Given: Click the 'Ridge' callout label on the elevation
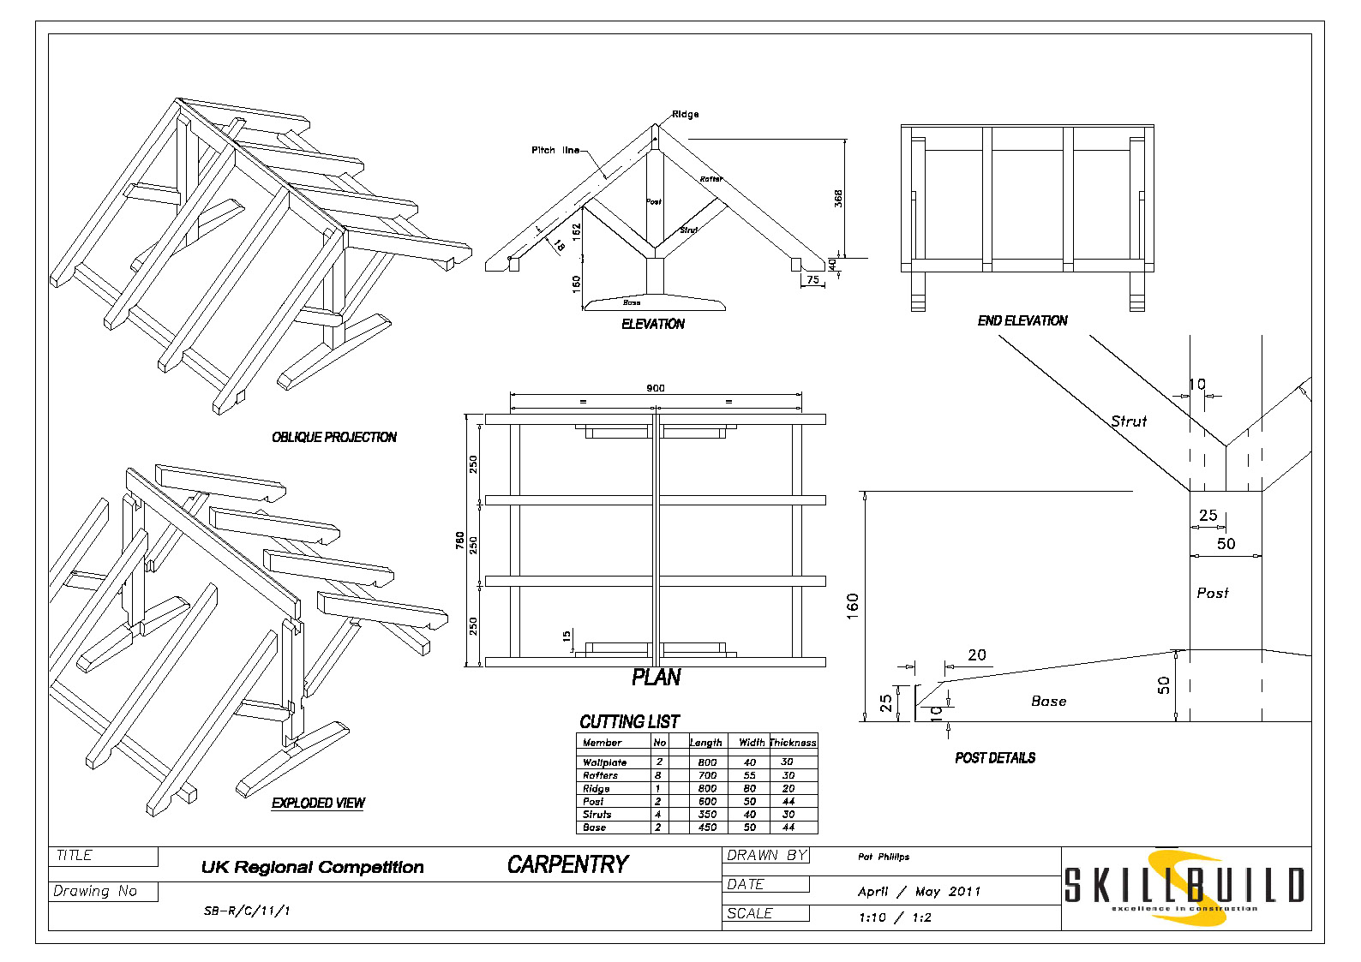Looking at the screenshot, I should [x=685, y=114].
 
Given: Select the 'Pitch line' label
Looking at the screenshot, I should [x=555, y=150].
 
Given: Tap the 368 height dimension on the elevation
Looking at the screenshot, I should [x=838, y=198].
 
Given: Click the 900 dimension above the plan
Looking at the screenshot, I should [x=656, y=388].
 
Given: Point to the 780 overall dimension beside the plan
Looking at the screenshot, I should [x=460, y=541].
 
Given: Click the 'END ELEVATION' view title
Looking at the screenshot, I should [x=1022, y=320].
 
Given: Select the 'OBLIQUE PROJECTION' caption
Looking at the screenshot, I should [x=334, y=437].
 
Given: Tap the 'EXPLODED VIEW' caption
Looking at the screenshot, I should [x=318, y=803].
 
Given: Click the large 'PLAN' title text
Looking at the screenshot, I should [x=656, y=678].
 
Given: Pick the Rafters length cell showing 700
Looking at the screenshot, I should [x=707, y=775].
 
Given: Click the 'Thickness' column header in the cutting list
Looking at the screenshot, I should [x=793, y=743].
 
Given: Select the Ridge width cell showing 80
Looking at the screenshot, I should [x=750, y=788].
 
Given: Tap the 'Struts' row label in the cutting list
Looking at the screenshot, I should [x=597, y=815].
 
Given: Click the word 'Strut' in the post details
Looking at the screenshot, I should [x=1129, y=421].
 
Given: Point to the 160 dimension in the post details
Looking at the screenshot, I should [x=852, y=606].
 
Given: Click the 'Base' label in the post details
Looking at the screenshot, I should [x=1048, y=701].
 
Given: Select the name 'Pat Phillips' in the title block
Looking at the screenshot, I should [x=884, y=857].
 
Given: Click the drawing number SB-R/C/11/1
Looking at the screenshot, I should [x=247, y=911].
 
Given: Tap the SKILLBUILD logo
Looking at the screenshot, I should [x=1184, y=887].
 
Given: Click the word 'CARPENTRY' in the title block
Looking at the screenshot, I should [x=567, y=865].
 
